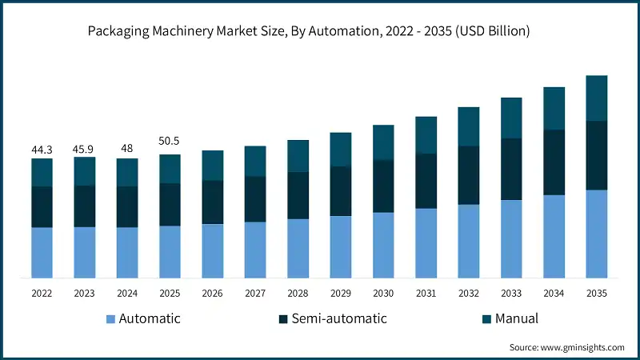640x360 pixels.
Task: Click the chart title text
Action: tap(320, 31)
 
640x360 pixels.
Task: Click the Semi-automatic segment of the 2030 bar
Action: tap(383, 186)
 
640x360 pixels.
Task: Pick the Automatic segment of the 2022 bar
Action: tap(42, 253)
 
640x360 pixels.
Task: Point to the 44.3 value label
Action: tap(42, 150)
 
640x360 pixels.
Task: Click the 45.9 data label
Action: tap(84, 149)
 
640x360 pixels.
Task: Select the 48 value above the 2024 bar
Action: tap(126, 149)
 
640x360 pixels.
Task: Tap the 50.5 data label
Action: tap(170, 142)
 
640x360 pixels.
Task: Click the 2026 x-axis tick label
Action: tap(212, 294)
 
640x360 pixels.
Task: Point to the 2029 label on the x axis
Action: tap(340, 294)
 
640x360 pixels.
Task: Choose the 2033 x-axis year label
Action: tap(511, 294)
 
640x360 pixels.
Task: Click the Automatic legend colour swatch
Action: tap(110, 319)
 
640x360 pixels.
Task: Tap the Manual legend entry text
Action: tap(516, 318)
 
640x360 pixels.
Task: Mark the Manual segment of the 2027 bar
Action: tap(255, 161)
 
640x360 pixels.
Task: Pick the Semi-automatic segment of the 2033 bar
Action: tap(511, 169)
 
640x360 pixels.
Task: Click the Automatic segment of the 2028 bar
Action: tap(298, 248)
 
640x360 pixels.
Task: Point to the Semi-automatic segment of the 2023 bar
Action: tap(84, 206)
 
